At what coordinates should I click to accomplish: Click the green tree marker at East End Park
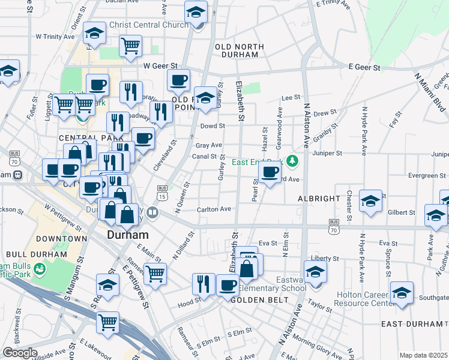tap(292, 160)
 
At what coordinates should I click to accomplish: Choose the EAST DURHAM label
tap(412, 324)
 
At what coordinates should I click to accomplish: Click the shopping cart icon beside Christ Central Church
tap(130, 45)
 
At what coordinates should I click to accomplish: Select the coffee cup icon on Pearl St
tap(270, 172)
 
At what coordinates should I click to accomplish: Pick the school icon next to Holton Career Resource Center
tap(402, 293)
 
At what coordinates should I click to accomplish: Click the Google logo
tap(20, 353)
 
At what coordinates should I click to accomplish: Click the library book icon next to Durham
tap(152, 212)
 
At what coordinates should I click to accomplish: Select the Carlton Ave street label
tap(214, 209)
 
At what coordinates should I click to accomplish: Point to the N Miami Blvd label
tap(430, 93)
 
